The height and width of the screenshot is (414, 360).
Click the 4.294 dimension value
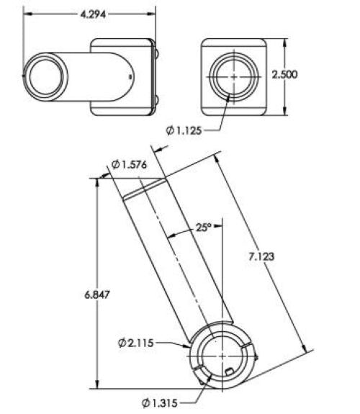point(93,14)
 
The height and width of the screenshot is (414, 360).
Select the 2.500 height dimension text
point(284,75)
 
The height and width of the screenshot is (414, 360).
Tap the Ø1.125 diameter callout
point(184,130)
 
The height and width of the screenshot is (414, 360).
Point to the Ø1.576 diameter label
point(129,165)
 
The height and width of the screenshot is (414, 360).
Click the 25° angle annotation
point(204,228)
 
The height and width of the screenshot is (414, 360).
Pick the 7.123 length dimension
point(261,256)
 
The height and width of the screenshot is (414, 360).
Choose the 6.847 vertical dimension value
point(96,294)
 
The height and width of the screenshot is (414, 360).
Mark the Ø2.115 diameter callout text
point(135,343)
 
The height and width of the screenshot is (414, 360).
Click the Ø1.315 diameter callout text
point(160,403)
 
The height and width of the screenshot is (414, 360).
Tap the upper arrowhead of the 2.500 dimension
point(284,43)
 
